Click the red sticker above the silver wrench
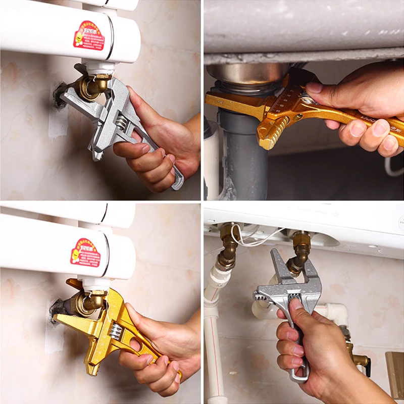coord(89,35)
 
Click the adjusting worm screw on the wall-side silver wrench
coord(121,123)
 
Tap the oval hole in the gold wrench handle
coord(135,345)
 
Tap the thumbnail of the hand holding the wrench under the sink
coord(314,87)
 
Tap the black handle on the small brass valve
coord(368,368)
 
